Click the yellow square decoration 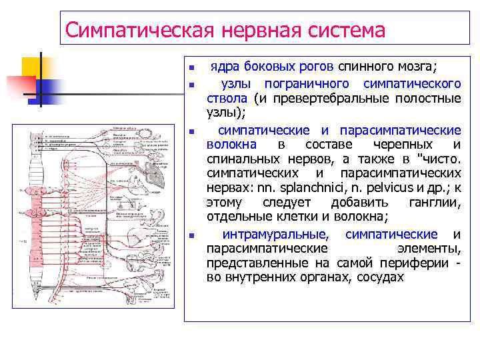[33, 67]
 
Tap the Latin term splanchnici [311, 188]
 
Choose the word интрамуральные [275, 234]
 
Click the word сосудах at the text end [380, 277]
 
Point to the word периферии [414, 263]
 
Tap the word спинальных [238, 159]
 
